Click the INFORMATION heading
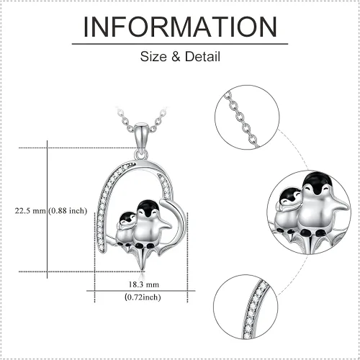coord(180,27)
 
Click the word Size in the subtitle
coord(154,57)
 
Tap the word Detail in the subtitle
coord(202,57)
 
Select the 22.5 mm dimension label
coord(30,211)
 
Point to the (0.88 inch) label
coord(68,211)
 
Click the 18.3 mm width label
coord(144,284)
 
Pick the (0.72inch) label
coord(143,297)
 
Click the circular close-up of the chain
coord(247,117)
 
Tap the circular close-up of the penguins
coord(309,212)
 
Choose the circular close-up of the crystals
coord(246,307)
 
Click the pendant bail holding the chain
coord(140,136)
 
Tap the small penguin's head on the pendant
coord(127,219)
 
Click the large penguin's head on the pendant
coord(147,210)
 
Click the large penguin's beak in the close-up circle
coord(318,192)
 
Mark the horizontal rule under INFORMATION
coord(180,44)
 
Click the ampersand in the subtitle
coord(176,57)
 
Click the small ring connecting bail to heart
coord(141,154)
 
